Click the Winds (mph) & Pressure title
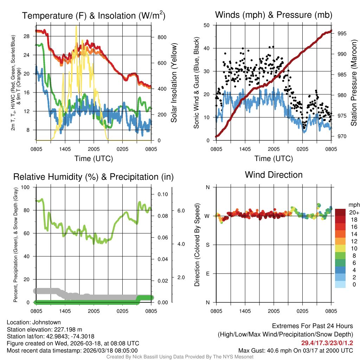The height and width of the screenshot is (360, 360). coord(274,15)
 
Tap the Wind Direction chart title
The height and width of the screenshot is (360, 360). coord(274,174)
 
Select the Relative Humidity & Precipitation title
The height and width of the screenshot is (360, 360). coord(94,177)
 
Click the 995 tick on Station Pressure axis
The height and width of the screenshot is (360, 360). coord(341,33)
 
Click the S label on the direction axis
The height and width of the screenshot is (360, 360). coord(207,245)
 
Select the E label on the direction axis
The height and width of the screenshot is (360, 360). coord(207,274)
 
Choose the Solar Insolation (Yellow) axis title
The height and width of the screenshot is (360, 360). coord(174,83)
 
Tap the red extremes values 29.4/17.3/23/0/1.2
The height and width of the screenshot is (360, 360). coord(327,343)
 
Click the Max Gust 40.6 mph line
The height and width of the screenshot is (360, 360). coord(295,351)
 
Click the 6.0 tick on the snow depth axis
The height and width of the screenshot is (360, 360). coord(181,211)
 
